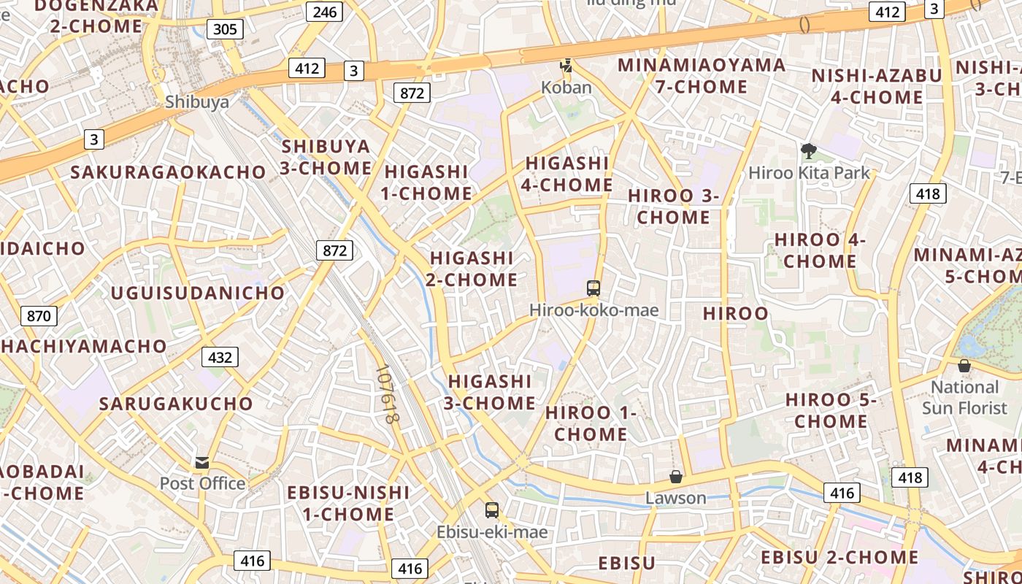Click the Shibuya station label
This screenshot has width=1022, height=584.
[196, 101]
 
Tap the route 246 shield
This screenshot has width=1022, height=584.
[324, 11]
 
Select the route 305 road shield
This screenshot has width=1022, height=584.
[225, 29]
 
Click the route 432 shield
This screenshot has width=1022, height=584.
[220, 357]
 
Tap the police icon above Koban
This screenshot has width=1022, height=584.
[566, 66]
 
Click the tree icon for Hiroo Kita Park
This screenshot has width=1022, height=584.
[808, 151]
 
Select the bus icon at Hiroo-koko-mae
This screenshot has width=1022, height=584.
[593, 288]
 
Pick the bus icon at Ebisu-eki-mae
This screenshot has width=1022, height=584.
[492, 510]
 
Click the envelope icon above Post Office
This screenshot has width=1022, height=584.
[202, 462]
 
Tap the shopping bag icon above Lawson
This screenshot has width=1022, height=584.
[676, 477]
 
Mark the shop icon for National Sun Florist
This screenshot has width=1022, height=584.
[964, 366]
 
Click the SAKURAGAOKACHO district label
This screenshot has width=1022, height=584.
[169, 172]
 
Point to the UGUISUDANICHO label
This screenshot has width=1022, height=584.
[198, 293]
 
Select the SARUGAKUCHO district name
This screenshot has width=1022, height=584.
[176, 404]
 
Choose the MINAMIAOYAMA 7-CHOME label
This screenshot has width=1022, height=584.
[702, 76]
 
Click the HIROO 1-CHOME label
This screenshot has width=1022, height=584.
[591, 423]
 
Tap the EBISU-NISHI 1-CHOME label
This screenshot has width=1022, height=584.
[348, 503]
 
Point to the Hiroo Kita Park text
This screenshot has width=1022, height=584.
[810, 173]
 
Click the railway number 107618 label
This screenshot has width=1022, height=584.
[387, 394]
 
